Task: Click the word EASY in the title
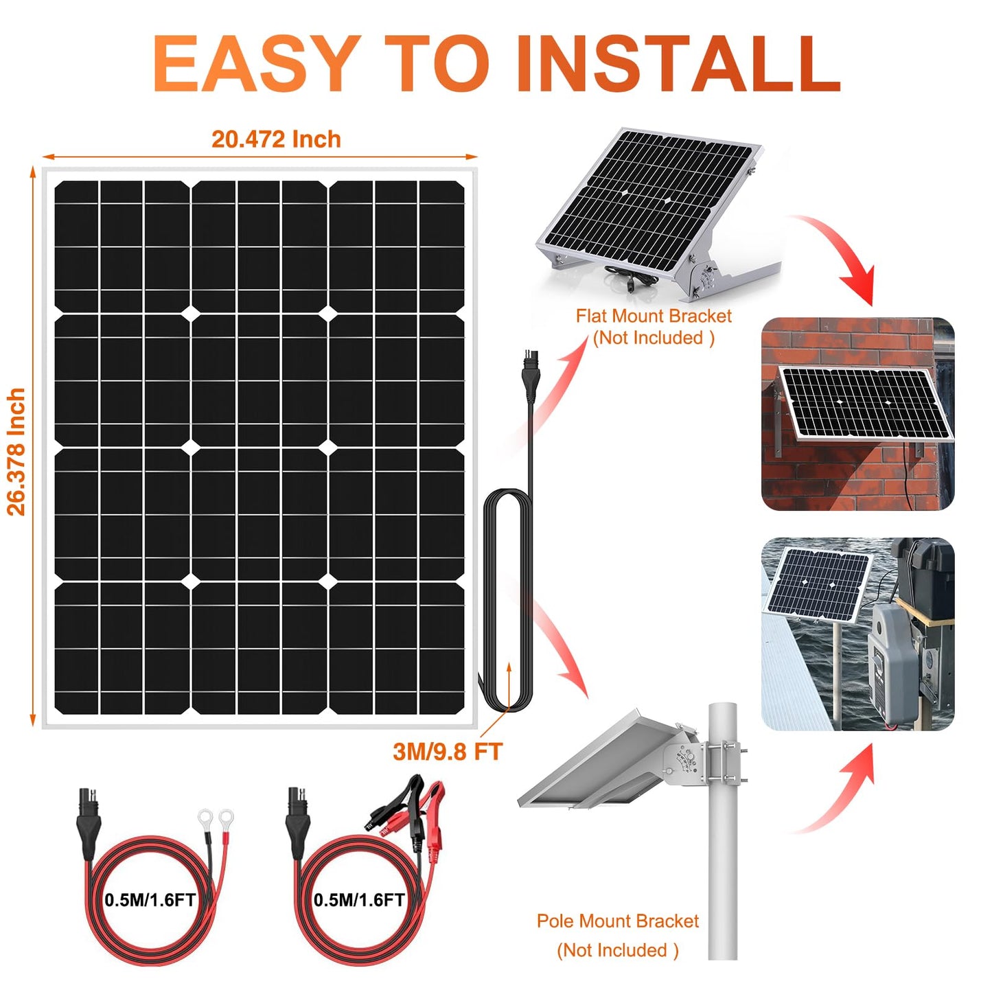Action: point(255,63)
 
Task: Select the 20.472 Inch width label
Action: point(276,139)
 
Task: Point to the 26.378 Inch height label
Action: point(16,452)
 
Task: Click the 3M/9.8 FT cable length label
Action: point(448,752)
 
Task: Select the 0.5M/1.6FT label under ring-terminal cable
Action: point(150,899)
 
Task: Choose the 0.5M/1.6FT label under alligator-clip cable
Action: point(359,899)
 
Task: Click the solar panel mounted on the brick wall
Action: point(866,403)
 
